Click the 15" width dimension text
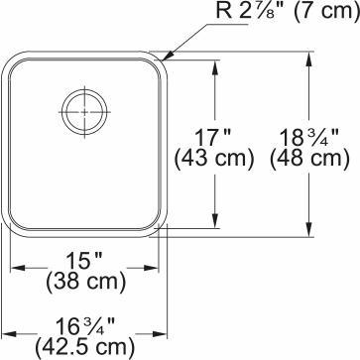[x=85, y=262]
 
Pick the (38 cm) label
[x=85, y=283]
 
